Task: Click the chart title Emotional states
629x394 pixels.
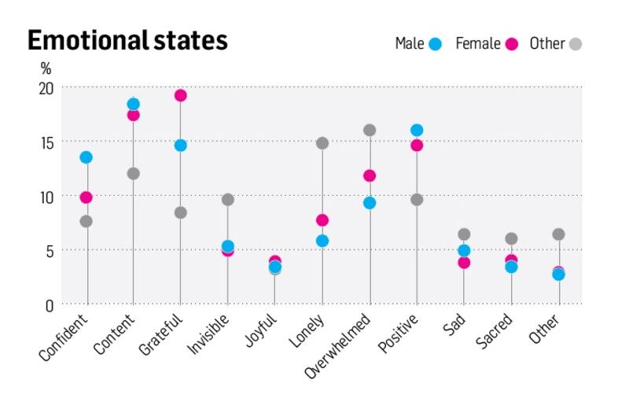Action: [x=127, y=40]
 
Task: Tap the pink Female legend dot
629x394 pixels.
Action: [x=511, y=45]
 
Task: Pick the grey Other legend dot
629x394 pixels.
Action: [x=576, y=45]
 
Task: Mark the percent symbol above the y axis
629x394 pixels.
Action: [x=46, y=69]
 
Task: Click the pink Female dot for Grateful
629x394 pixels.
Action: [x=181, y=95]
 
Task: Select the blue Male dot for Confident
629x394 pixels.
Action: [x=86, y=157]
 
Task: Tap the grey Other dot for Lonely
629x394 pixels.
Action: [x=322, y=143]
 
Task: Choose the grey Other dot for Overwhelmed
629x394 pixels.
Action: [x=370, y=130]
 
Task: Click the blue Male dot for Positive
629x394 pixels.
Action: [x=417, y=130]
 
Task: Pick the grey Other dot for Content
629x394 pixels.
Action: [x=133, y=173]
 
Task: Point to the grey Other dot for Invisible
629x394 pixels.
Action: [x=228, y=200]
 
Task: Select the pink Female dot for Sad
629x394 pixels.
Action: [x=464, y=262]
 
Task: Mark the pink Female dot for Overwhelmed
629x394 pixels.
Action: [x=370, y=175]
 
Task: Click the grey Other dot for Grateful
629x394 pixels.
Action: [x=181, y=212]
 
